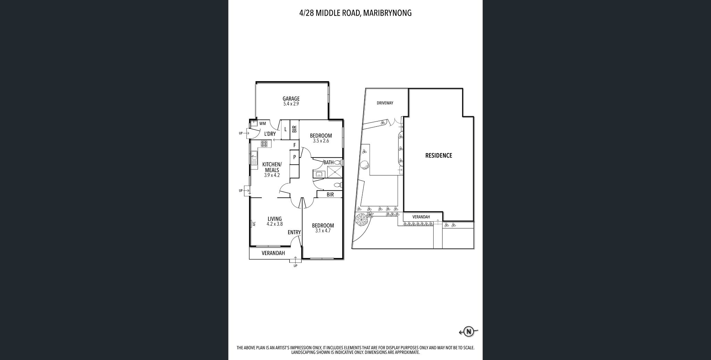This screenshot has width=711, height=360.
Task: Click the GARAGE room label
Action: click(x=291, y=99)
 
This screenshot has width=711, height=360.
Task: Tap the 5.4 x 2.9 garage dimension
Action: click(x=291, y=104)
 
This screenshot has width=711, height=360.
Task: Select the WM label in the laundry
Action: click(x=262, y=123)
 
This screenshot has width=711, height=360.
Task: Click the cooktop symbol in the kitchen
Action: click(x=264, y=144)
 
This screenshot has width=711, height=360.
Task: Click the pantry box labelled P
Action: click(x=294, y=157)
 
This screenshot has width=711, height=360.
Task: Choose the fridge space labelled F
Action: click(x=294, y=145)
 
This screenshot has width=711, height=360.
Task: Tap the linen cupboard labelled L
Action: click(x=285, y=129)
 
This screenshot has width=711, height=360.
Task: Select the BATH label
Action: click(x=328, y=162)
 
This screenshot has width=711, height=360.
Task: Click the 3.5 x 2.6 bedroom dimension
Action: click(x=320, y=141)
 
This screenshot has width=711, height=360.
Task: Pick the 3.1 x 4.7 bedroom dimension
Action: click(x=323, y=231)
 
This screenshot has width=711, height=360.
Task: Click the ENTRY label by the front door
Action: click(x=294, y=233)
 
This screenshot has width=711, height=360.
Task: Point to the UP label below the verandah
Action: click(x=295, y=266)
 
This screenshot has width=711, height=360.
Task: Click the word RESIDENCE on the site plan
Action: click(x=438, y=156)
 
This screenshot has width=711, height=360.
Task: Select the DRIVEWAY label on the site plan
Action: click(x=385, y=103)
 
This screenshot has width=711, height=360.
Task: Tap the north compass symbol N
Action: click(x=469, y=332)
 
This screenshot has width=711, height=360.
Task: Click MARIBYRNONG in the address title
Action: click(x=387, y=13)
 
